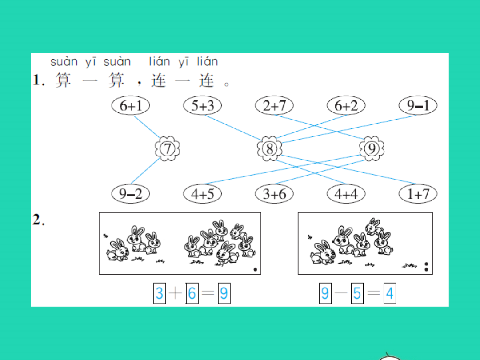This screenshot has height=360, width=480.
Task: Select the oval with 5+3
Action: (202, 106)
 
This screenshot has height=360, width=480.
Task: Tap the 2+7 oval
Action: (274, 106)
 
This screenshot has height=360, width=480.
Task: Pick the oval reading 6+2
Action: (346, 106)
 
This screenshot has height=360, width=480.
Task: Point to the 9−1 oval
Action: (418, 106)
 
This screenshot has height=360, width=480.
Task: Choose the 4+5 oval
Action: (202, 194)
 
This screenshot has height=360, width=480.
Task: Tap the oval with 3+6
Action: (274, 194)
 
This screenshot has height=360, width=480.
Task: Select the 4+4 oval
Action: (346, 194)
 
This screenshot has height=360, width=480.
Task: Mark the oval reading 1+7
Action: (418, 194)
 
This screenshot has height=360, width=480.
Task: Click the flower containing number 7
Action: (168, 149)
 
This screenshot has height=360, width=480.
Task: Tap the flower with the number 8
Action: (270, 149)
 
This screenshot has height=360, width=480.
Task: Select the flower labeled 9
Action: (371, 149)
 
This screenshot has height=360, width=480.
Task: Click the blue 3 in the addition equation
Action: (160, 293)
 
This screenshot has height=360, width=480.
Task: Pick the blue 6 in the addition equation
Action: (192, 293)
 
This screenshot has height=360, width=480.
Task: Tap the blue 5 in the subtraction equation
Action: (357, 293)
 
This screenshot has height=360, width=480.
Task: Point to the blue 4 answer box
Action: (390, 293)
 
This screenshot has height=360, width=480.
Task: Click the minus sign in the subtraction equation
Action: (341, 293)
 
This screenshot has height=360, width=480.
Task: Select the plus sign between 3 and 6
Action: (176, 293)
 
